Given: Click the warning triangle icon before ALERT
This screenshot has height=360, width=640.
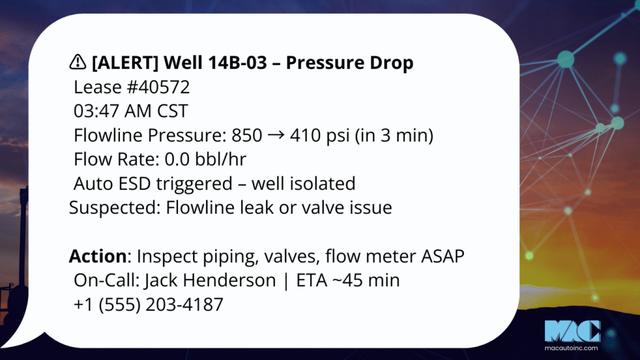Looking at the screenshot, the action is [x=77, y=62].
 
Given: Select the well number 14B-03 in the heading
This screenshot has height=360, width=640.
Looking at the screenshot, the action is [x=237, y=62].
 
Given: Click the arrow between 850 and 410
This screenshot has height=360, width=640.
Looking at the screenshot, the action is [x=276, y=135].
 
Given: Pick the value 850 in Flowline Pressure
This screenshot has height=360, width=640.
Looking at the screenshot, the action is [x=246, y=135].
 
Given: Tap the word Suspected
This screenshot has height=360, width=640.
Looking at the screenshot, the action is [x=115, y=207].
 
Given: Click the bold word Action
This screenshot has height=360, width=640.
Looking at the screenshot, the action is [x=98, y=256].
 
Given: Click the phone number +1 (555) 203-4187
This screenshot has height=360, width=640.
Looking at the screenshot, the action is [x=149, y=304].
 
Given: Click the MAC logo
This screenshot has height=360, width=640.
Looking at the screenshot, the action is [x=572, y=331].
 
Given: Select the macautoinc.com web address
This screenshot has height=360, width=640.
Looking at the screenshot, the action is [x=571, y=348].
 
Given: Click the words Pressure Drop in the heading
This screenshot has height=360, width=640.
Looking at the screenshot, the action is [x=349, y=62].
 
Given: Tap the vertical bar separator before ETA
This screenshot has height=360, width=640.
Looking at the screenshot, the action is [x=286, y=281].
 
